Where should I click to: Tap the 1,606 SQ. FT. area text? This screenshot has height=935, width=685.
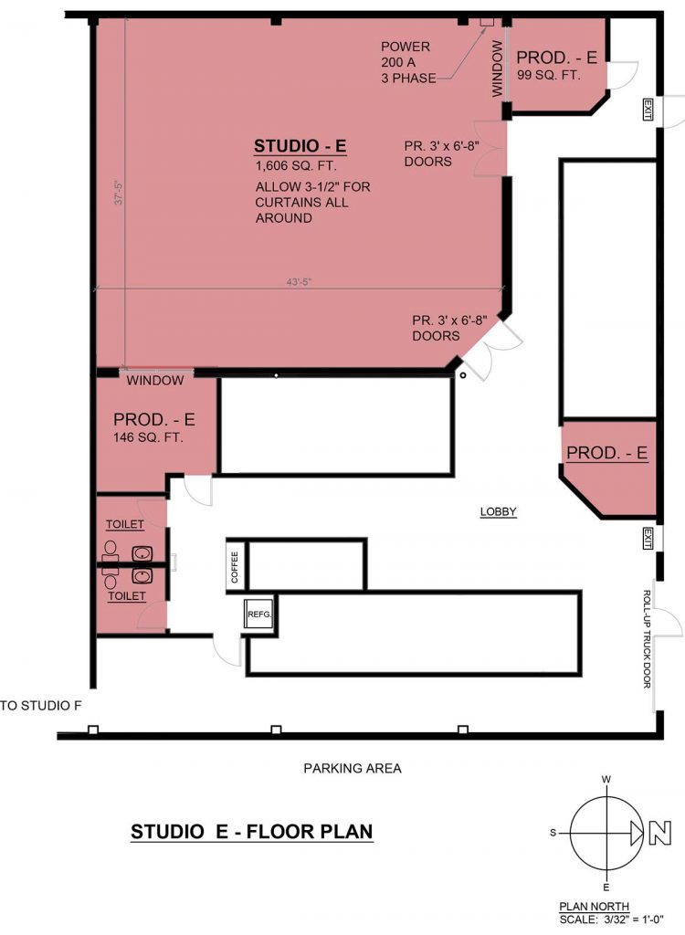click(295, 166)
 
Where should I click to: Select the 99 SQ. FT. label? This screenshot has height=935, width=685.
click(549, 75)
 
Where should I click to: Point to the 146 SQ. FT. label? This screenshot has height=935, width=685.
click(148, 437)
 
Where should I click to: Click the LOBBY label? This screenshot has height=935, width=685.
click(499, 512)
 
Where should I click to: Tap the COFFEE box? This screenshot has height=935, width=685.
click(235, 566)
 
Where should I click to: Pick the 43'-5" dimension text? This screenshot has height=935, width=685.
click(298, 282)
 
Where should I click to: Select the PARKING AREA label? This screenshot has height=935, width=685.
click(353, 768)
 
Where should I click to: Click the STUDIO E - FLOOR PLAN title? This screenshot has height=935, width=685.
click(252, 832)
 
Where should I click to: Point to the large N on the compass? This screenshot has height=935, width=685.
click(658, 833)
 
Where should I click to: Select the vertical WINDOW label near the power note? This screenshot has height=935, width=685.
click(498, 69)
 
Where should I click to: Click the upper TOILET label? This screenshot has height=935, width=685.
click(125, 525)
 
